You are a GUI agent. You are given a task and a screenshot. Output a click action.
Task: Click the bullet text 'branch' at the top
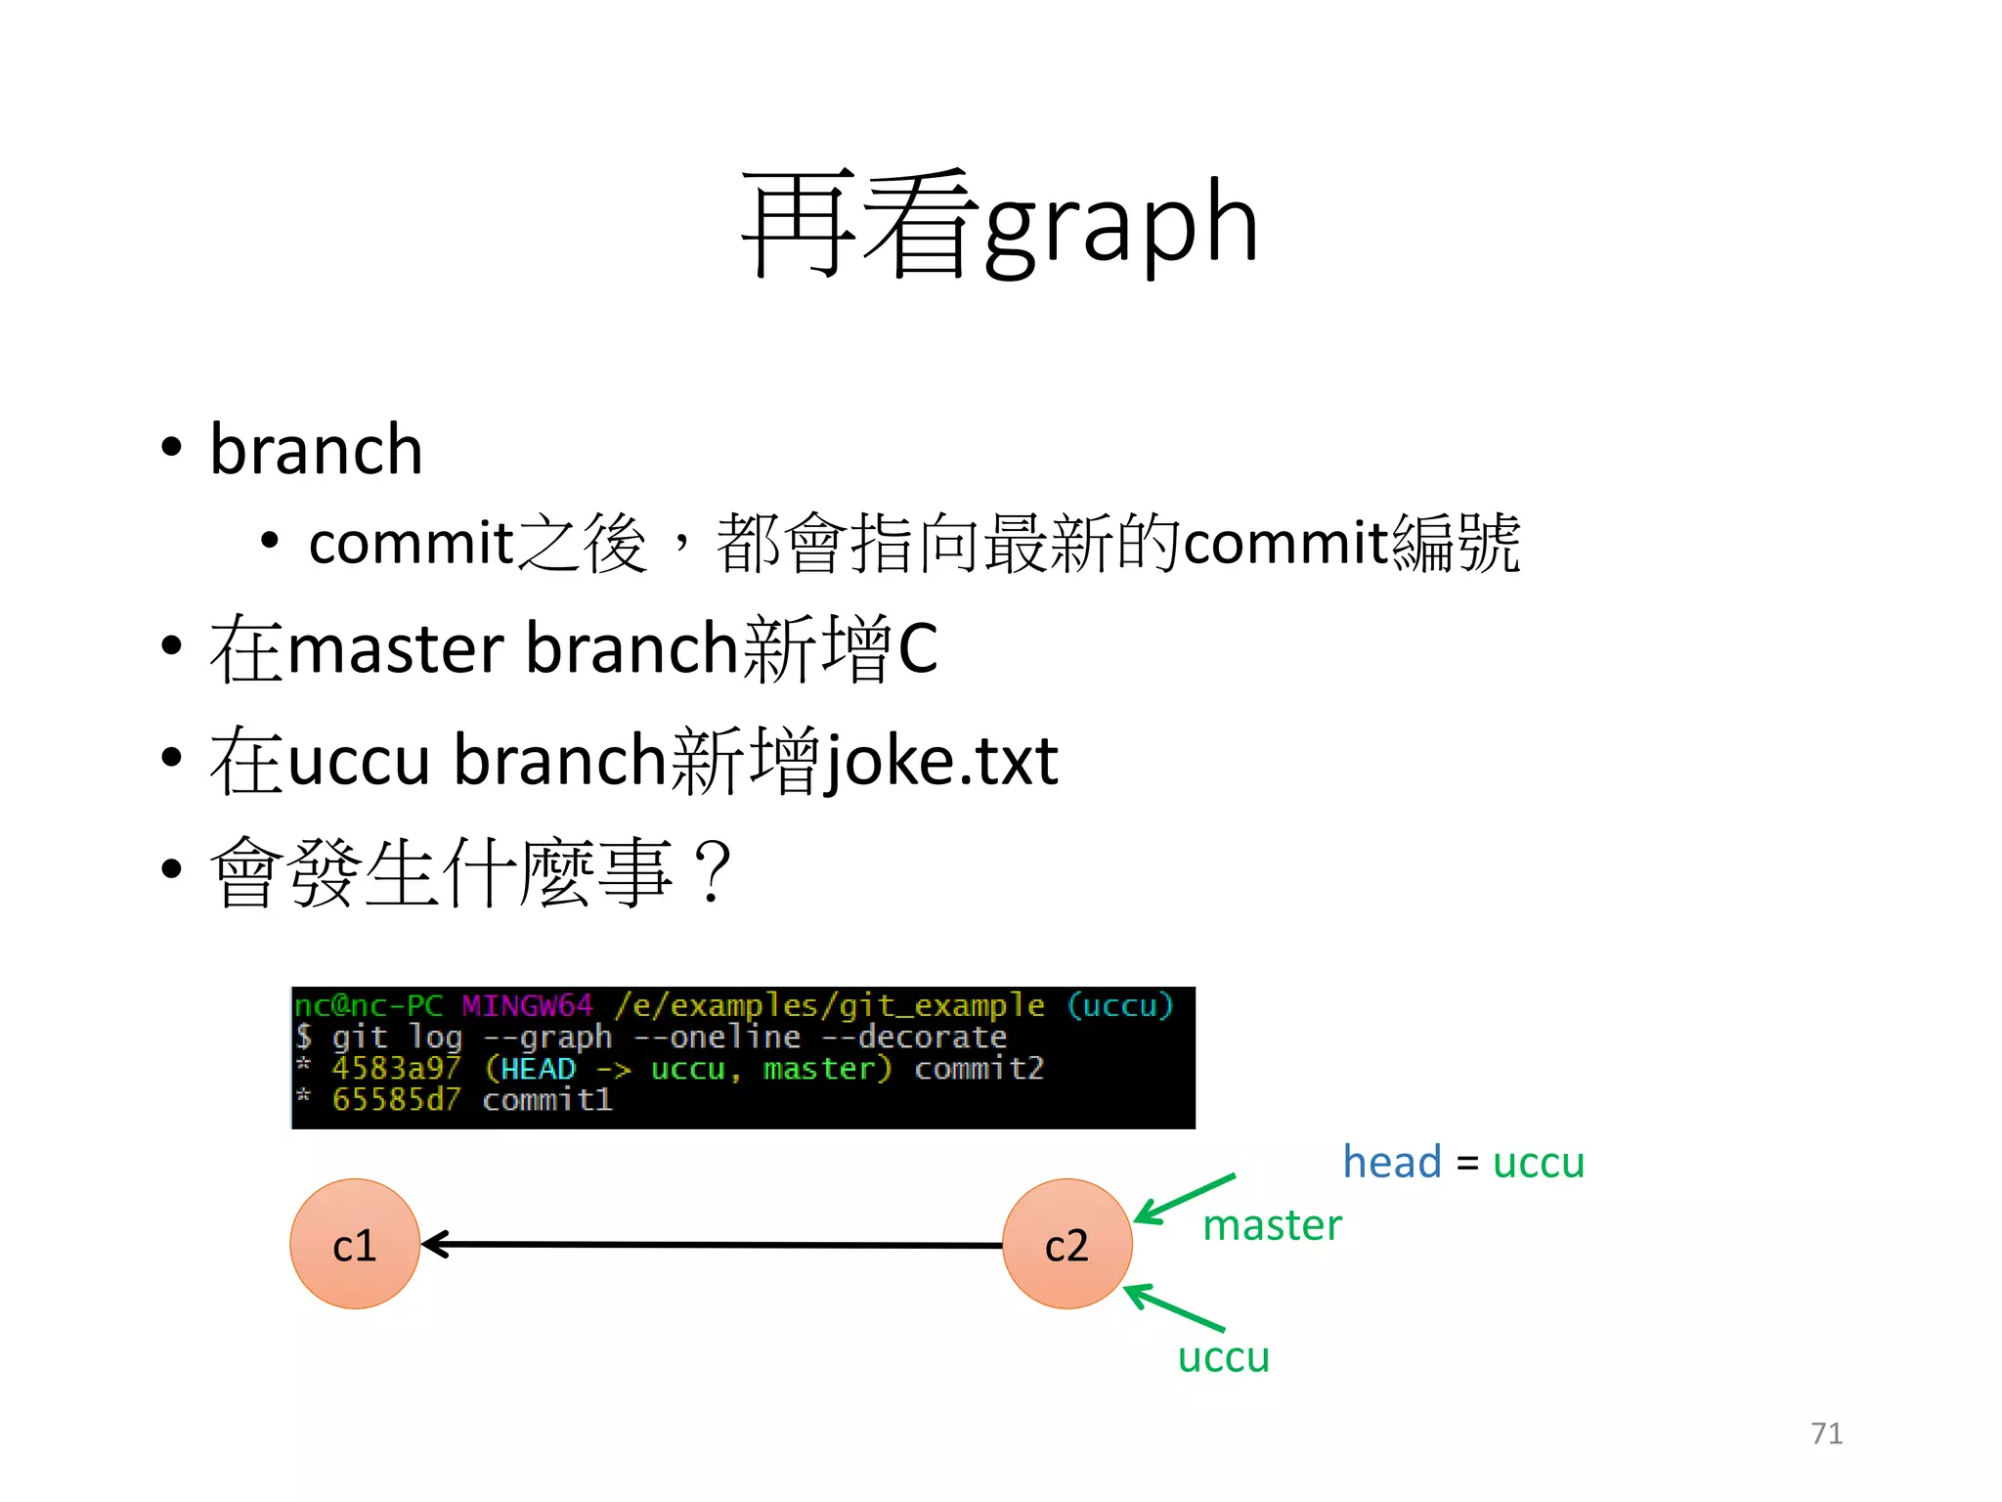316,450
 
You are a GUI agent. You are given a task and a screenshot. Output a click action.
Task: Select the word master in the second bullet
395,648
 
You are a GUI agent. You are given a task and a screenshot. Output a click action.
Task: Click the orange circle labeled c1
355,1244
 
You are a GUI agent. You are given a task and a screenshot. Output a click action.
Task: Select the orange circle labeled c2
1066,1244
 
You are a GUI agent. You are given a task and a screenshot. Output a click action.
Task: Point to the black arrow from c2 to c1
714,1245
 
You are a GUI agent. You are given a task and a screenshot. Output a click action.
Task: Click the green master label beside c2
1272,1225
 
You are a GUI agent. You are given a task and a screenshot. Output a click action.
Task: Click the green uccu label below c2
1223,1356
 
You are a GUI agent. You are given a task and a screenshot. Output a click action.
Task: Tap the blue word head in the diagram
1392,1162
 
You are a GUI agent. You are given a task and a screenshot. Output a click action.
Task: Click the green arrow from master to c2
1185,1199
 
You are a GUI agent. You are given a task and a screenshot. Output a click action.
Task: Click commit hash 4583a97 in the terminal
395,1068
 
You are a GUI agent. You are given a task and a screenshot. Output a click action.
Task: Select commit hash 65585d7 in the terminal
395,1100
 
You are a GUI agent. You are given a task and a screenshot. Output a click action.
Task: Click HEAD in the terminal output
538,1068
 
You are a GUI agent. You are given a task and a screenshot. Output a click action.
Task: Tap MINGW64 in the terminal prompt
527,1005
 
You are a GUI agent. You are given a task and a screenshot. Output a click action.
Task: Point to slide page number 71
1826,1434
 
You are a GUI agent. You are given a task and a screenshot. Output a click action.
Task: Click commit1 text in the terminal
547,1100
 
